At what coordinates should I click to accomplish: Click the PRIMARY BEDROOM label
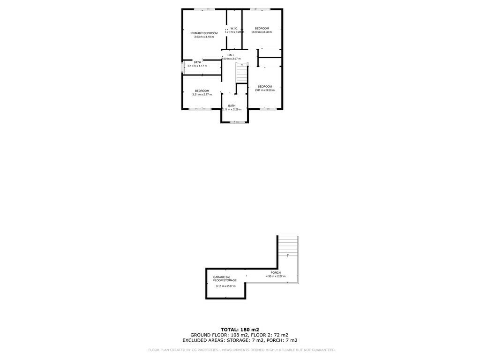coord(204,33)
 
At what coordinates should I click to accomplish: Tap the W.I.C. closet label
coord(234,29)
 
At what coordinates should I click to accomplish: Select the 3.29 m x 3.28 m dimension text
coord(262,32)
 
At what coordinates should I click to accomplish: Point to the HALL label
coord(231,55)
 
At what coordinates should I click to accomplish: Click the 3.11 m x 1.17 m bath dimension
coord(197,66)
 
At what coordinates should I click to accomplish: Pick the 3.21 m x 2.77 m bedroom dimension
coord(202,94)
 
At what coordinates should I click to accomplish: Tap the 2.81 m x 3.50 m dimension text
coord(265,90)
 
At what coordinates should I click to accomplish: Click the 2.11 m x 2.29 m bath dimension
coord(232,109)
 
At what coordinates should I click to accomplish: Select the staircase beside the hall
coord(241,73)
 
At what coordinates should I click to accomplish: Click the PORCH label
coord(276,272)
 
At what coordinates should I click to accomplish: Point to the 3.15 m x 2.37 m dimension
coord(225,286)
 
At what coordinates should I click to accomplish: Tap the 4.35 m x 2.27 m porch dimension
coord(276,276)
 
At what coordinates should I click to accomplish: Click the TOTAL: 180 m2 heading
coord(240,330)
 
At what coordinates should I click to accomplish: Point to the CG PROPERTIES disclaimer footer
coord(242,350)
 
